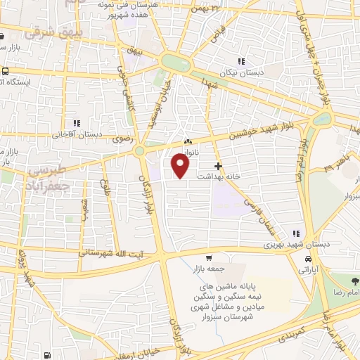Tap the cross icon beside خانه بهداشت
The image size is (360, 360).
[219, 167]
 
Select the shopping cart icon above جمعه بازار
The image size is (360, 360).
[209, 257]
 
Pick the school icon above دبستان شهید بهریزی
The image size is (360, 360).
[297, 233]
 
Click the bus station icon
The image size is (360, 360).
[6, 72]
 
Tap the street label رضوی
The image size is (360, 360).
[117, 140]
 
